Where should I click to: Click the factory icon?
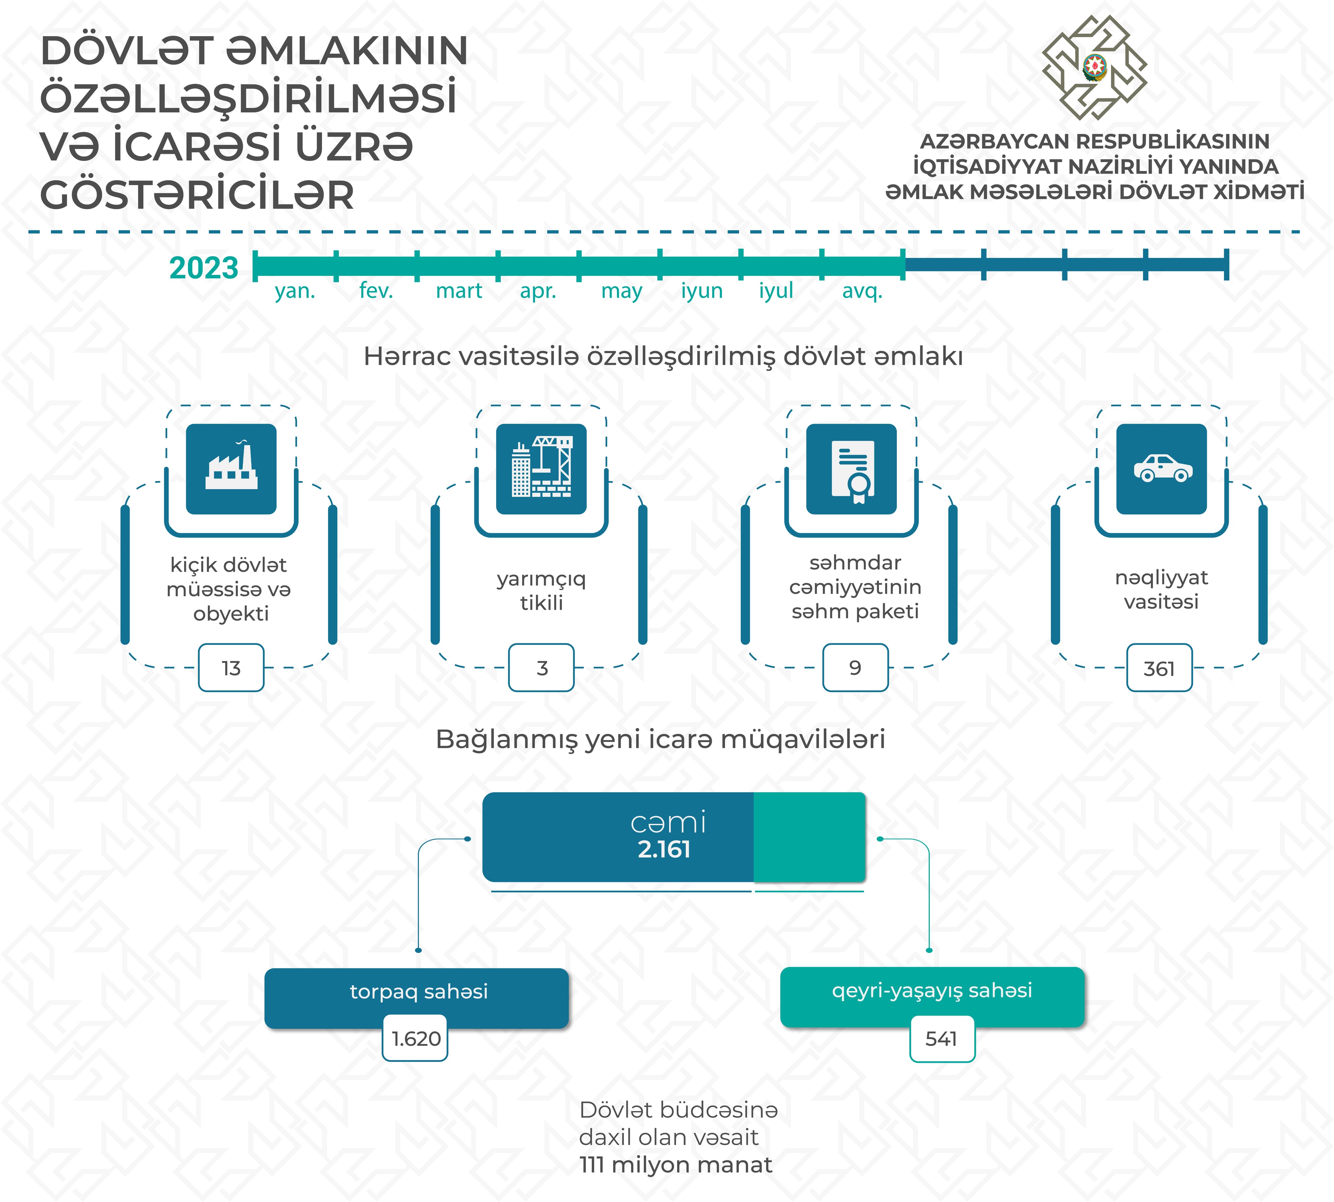pos(231,469)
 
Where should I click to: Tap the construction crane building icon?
pos(541,469)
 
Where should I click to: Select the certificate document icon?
pos(851,469)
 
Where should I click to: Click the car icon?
pos(1162,469)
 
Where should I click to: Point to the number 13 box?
pos(231,668)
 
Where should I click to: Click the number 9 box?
pos(855,668)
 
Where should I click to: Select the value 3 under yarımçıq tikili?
pos(541,668)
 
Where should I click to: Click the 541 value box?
pos(942,1038)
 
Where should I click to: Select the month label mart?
pos(459,291)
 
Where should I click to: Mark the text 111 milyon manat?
pos(675,1165)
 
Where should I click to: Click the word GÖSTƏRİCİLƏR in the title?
pos(197,196)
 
